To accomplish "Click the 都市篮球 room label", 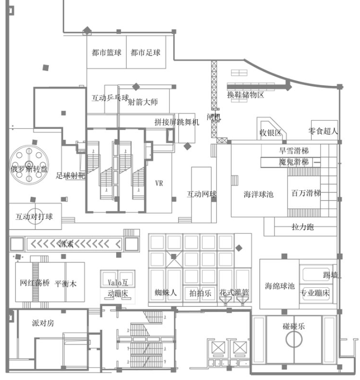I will click(107, 53).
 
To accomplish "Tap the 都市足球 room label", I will click(146, 53).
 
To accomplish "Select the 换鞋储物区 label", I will click(245, 95).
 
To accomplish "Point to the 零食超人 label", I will click(323, 130).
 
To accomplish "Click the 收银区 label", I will click(270, 132).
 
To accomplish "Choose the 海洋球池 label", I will click(258, 194).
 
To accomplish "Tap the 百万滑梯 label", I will click(306, 193).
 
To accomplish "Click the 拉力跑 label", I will click(303, 227).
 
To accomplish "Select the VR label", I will click(159, 183).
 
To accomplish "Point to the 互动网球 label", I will click(201, 195).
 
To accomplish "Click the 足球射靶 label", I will click(71, 175).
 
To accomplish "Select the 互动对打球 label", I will click(34, 217).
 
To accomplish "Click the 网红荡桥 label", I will click(34, 284).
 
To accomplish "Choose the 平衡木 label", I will click(66, 284).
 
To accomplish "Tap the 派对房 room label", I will click(43, 323).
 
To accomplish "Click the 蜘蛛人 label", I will click(165, 292).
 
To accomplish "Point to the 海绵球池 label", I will click(280, 286).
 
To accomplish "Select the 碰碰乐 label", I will click(294, 326).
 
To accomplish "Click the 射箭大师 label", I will click(143, 102).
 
